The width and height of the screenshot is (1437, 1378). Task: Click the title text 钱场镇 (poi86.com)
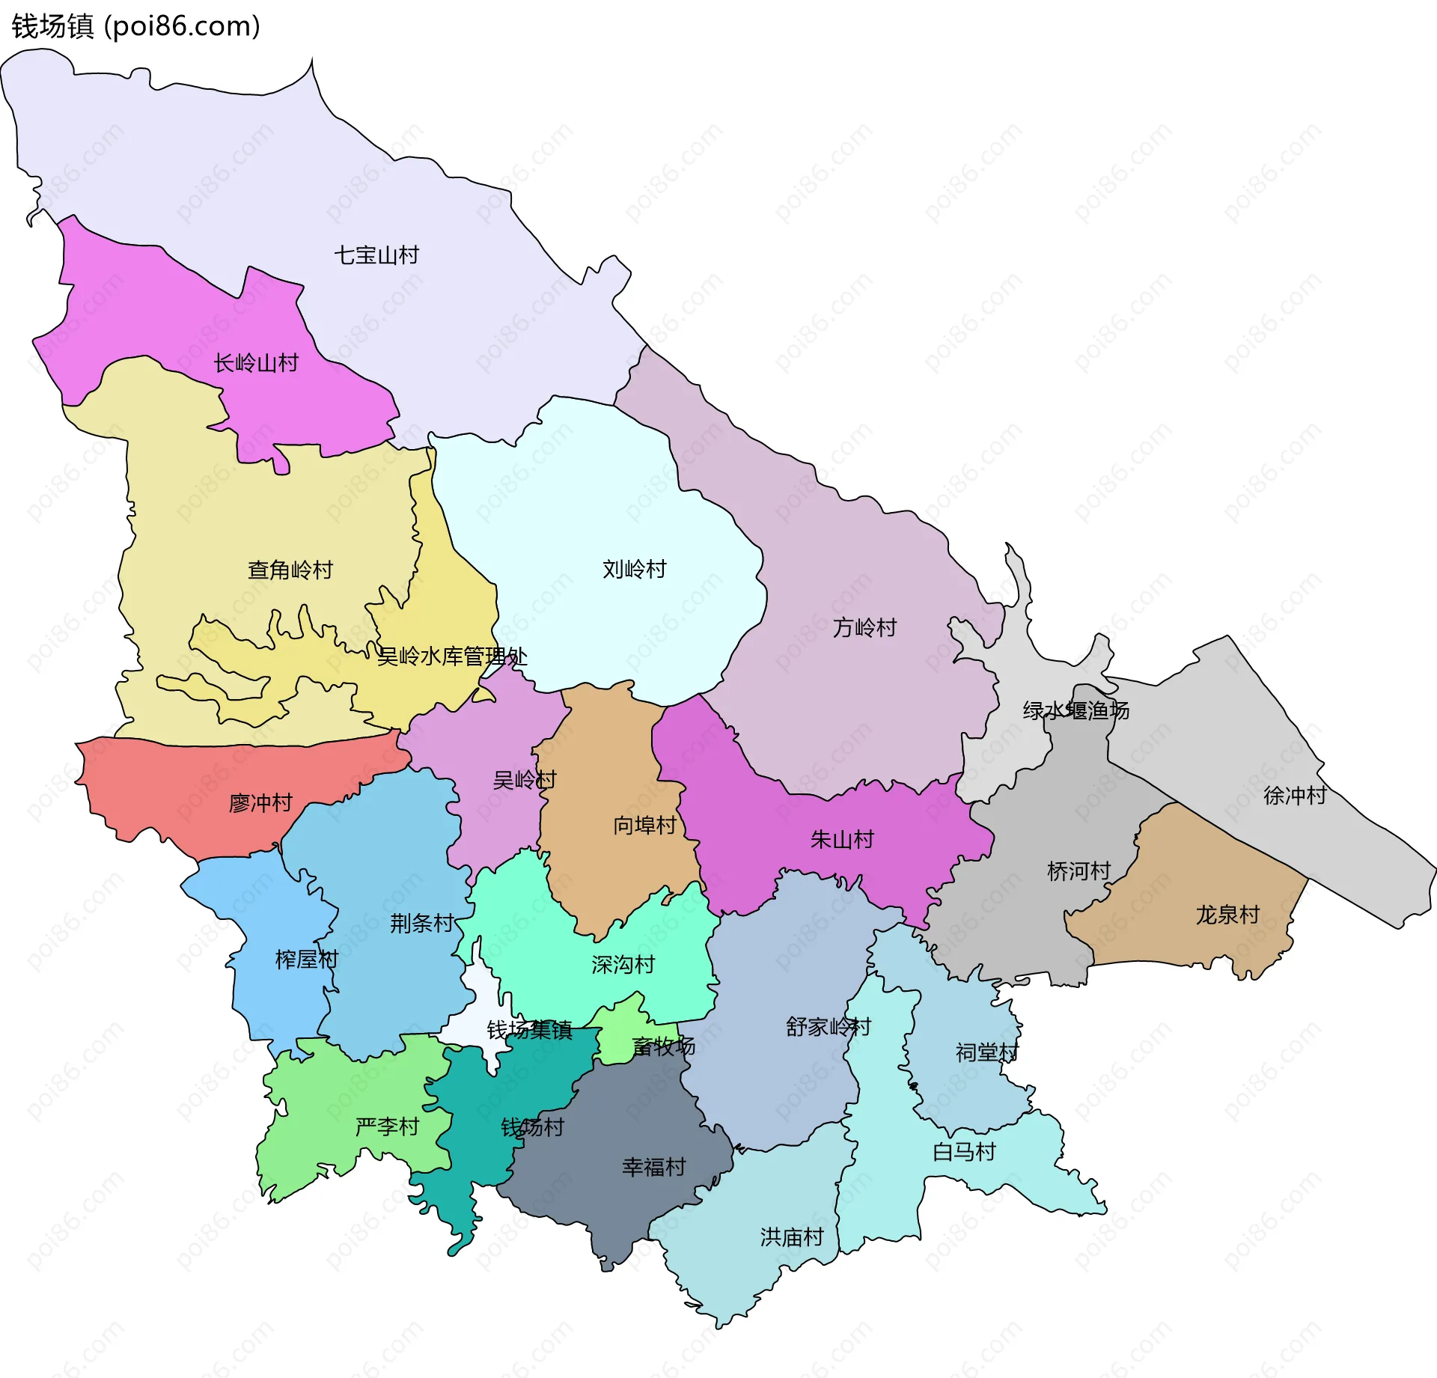pyautogui.click(x=135, y=26)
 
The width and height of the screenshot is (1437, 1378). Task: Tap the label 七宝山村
pyautogui.click(x=376, y=255)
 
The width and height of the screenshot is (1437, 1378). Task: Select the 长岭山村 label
pyautogui.click(x=256, y=363)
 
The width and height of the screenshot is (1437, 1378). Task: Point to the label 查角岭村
pyautogui.click(x=290, y=570)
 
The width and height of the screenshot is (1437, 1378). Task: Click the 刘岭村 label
pyautogui.click(x=635, y=570)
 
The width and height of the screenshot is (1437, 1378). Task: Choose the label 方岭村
pyautogui.click(x=864, y=627)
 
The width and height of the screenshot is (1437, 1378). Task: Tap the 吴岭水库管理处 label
pyautogui.click(x=452, y=656)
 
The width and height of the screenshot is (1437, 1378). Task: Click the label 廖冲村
pyautogui.click(x=260, y=803)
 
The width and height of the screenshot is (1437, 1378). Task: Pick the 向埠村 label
pyautogui.click(x=644, y=825)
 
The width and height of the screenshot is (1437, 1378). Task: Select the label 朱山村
pyautogui.click(x=842, y=839)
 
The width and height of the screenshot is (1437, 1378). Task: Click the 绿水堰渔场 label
pyautogui.click(x=1076, y=710)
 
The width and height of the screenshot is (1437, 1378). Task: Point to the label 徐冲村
pyautogui.click(x=1295, y=795)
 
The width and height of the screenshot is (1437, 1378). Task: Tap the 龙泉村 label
pyautogui.click(x=1227, y=915)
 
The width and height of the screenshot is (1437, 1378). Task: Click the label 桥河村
pyautogui.click(x=1078, y=871)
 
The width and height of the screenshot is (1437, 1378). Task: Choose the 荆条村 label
pyautogui.click(x=421, y=923)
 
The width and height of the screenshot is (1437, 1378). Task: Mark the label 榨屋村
pyautogui.click(x=307, y=959)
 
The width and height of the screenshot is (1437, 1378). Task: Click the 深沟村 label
pyautogui.click(x=623, y=964)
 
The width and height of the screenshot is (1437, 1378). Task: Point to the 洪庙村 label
pyautogui.click(x=792, y=1237)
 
